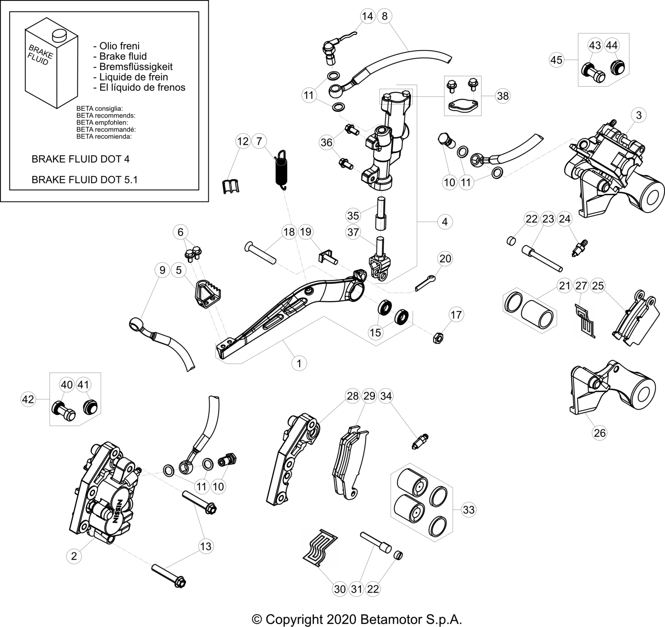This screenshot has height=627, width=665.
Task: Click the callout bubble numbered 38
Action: point(503,96)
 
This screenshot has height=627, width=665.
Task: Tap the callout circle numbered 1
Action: point(299,363)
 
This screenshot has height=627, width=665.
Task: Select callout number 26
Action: point(600,433)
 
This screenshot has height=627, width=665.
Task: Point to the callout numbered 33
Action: point(468,509)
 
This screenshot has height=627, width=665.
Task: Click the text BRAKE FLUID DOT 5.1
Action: point(85,179)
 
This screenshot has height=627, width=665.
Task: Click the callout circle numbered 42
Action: point(28,400)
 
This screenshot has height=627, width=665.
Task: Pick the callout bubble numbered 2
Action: point(74,556)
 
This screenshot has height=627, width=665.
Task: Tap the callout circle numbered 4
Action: point(445,221)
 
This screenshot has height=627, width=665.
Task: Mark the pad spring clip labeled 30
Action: point(321,548)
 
